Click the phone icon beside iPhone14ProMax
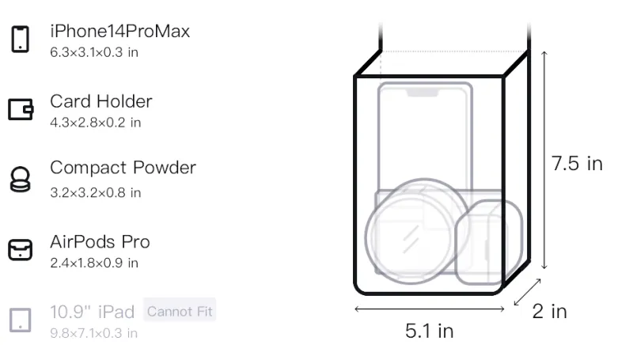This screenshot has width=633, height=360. [x=21, y=39]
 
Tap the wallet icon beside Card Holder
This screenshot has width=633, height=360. [x=21, y=109]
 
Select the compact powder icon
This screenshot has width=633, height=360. [x=21, y=179]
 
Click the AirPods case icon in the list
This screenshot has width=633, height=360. [x=21, y=249]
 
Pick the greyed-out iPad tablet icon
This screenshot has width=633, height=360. [x=21, y=320]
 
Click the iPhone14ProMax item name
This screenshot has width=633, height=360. [x=120, y=31]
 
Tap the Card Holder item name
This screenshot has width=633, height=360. [x=101, y=101]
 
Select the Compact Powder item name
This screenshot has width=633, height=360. [x=123, y=168]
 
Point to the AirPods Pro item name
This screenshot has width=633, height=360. [x=100, y=242]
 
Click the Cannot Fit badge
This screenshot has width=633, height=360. [x=180, y=311]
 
